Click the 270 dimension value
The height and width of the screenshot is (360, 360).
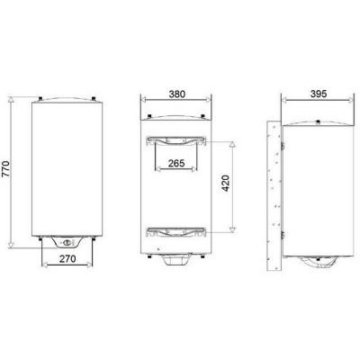[x=67, y=258]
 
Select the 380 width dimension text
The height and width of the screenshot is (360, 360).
[x=177, y=94]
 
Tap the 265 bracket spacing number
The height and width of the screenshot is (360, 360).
[x=176, y=164]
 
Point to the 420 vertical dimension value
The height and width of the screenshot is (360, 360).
[x=225, y=183]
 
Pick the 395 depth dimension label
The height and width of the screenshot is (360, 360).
[x=318, y=94]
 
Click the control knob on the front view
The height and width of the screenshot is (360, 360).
[x=67, y=242]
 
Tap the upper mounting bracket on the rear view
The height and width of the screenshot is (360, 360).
[x=176, y=140]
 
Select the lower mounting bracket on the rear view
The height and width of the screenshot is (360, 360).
[x=176, y=231]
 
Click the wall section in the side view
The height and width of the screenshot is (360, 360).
[x=274, y=195]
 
